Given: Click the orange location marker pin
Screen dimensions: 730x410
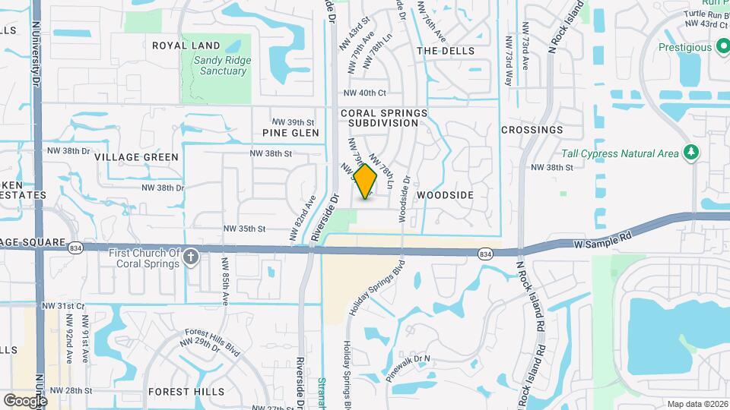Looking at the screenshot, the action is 366,181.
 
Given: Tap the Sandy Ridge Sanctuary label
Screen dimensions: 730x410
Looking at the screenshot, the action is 220,65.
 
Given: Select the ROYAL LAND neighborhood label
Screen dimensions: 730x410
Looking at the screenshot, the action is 186,46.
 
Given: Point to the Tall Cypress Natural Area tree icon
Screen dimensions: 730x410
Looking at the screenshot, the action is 690,153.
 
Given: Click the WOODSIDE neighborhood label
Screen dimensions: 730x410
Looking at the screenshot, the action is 446,195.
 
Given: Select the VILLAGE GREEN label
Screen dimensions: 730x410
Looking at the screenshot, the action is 137,157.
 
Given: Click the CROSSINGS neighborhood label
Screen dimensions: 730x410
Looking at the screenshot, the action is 532,130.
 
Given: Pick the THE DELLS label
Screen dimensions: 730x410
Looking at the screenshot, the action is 446,51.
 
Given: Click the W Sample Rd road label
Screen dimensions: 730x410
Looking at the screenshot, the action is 599,241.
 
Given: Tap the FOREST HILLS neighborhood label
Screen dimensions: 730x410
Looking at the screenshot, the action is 187,392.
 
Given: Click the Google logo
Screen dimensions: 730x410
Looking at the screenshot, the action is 24,400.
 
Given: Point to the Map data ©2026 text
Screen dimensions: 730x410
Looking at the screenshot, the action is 697,404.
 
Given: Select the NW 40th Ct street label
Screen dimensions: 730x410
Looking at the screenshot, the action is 365,93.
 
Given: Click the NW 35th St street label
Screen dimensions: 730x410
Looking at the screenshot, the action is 244,229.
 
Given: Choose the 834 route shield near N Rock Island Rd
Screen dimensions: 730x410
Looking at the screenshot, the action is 484,252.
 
